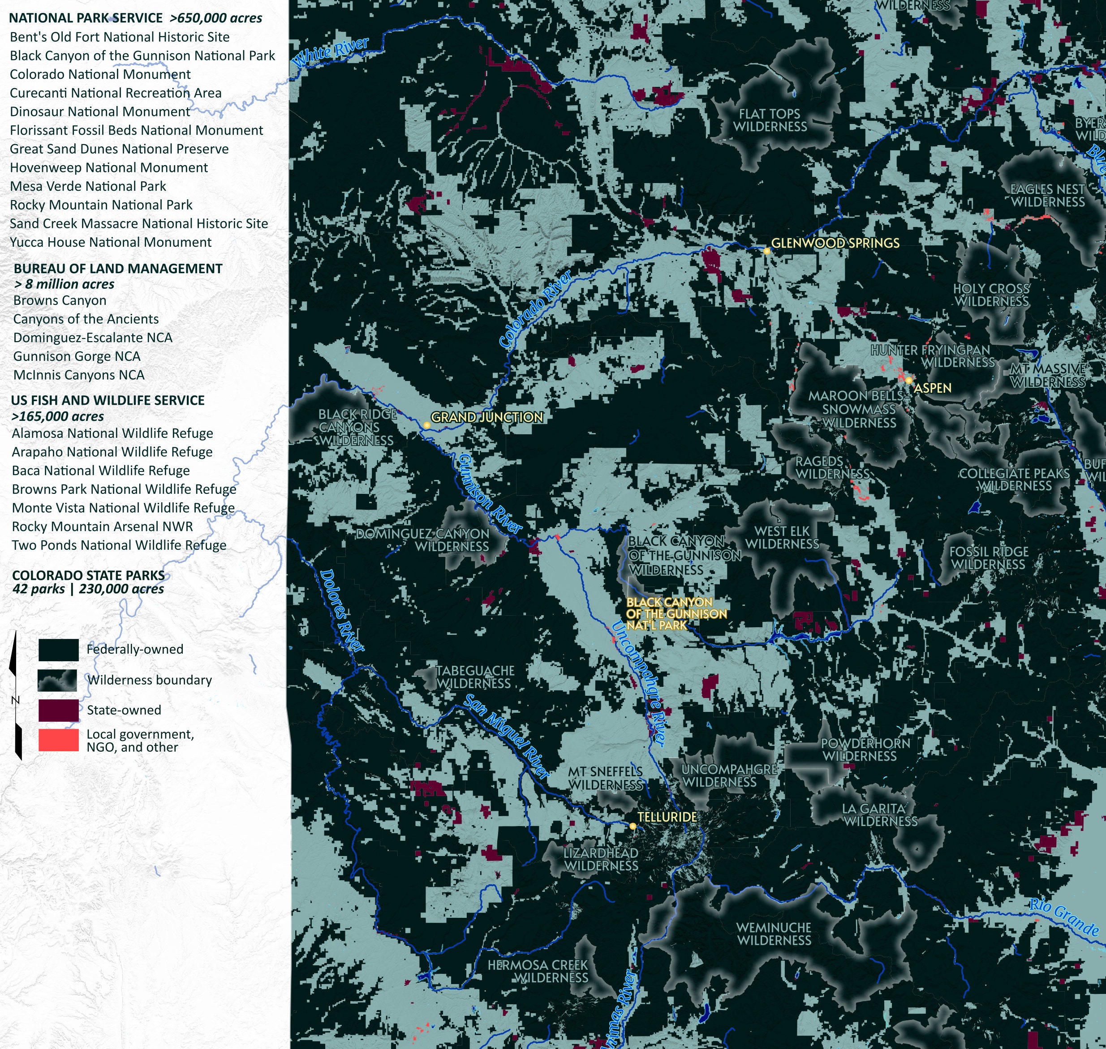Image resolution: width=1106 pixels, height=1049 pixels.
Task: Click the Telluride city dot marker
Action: pyautogui.click(x=633, y=826)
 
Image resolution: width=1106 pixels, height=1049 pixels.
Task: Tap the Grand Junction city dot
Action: pyautogui.click(x=427, y=425)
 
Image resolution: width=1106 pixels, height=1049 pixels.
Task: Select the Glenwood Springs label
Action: pyautogui.click(x=835, y=243)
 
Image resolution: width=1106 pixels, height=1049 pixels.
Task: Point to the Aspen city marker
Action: pyautogui.click(x=909, y=380)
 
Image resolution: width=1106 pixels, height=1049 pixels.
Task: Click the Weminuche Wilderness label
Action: pyautogui.click(x=774, y=934)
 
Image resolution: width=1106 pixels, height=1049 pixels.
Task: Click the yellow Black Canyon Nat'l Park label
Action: pyautogui.click(x=676, y=613)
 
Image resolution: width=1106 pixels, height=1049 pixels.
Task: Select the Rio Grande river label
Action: pyautogui.click(x=1064, y=917)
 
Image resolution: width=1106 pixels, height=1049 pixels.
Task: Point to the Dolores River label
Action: pyautogui.click(x=342, y=610)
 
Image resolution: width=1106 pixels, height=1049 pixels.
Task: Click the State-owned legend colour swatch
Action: pyautogui.click(x=58, y=710)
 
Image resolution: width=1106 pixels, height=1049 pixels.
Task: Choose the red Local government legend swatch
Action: pyautogui.click(x=58, y=740)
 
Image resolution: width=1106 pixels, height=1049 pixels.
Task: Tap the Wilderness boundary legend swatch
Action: pyautogui.click(x=58, y=680)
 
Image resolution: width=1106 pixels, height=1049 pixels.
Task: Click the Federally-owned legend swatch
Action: pyautogui.click(x=58, y=650)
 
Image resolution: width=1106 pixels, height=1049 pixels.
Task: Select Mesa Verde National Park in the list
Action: pyautogui.click(x=88, y=186)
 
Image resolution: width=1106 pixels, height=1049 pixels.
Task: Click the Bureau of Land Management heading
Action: pyautogui.click(x=118, y=268)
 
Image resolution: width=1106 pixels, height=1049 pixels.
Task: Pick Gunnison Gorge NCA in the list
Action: pyautogui.click(x=77, y=356)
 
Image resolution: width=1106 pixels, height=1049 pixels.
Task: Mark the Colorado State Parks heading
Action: pyautogui.click(x=88, y=575)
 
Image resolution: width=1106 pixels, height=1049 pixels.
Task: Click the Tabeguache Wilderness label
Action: pyautogui.click(x=474, y=676)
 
